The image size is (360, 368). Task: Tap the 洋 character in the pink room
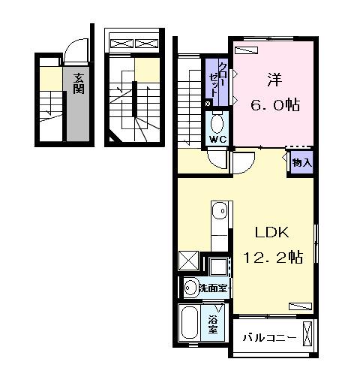click(x=274, y=79)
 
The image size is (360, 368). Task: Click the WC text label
click(x=218, y=140)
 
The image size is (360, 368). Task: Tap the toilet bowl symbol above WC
click(x=217, y=122)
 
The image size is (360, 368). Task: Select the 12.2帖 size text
click(x=271, y=258)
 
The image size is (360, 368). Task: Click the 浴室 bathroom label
click(x=214, y=323)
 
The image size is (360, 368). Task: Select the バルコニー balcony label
click(x=269, y=338)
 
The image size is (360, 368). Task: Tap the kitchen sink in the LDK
click(x=219, y=215)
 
